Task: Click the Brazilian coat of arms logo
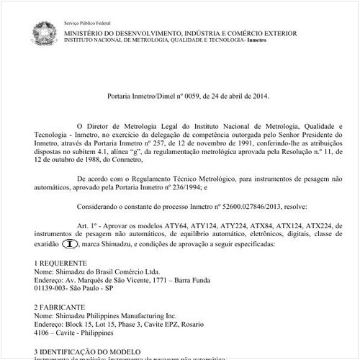[x=45, y=32]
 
